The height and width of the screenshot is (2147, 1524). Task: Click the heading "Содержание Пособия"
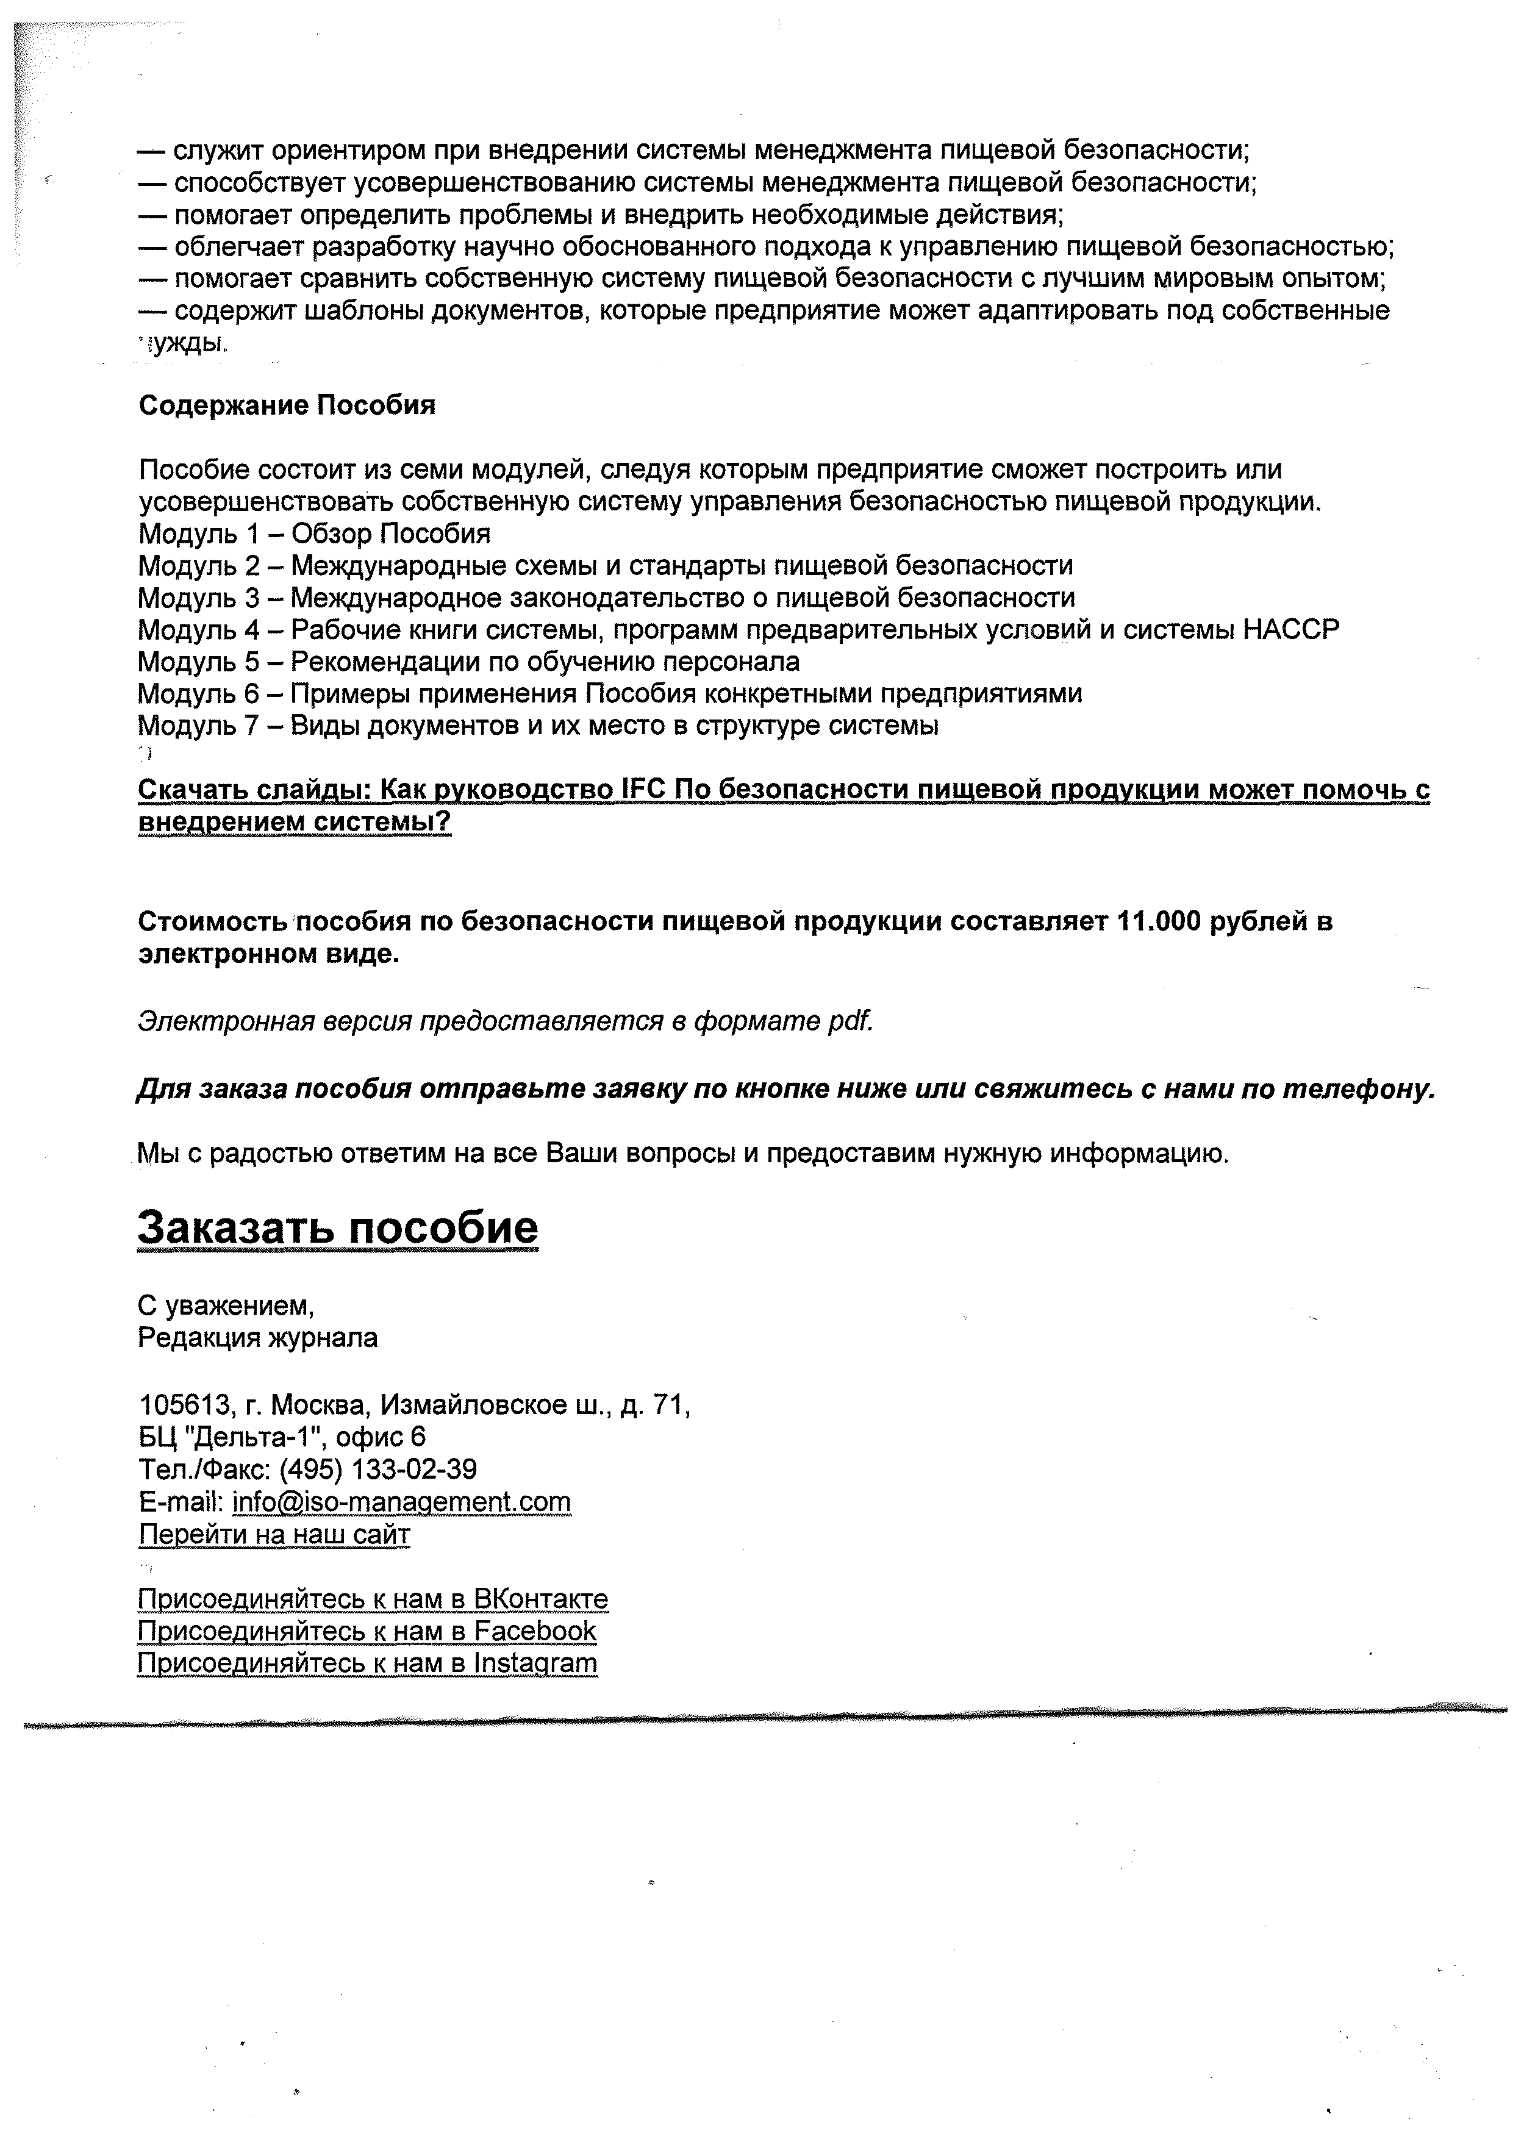(287, 406)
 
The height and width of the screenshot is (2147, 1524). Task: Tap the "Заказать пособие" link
(338, 1227)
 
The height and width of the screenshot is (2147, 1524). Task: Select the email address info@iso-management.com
(402, 1502)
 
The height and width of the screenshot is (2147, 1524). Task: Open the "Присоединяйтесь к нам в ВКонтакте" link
(373, 1598)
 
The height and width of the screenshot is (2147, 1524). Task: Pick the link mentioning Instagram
(367, 1663)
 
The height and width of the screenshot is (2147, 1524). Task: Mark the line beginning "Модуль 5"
(468, 662)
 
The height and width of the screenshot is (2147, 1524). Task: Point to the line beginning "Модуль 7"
(538, 726)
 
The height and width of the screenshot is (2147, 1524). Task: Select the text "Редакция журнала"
(258, 1337)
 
